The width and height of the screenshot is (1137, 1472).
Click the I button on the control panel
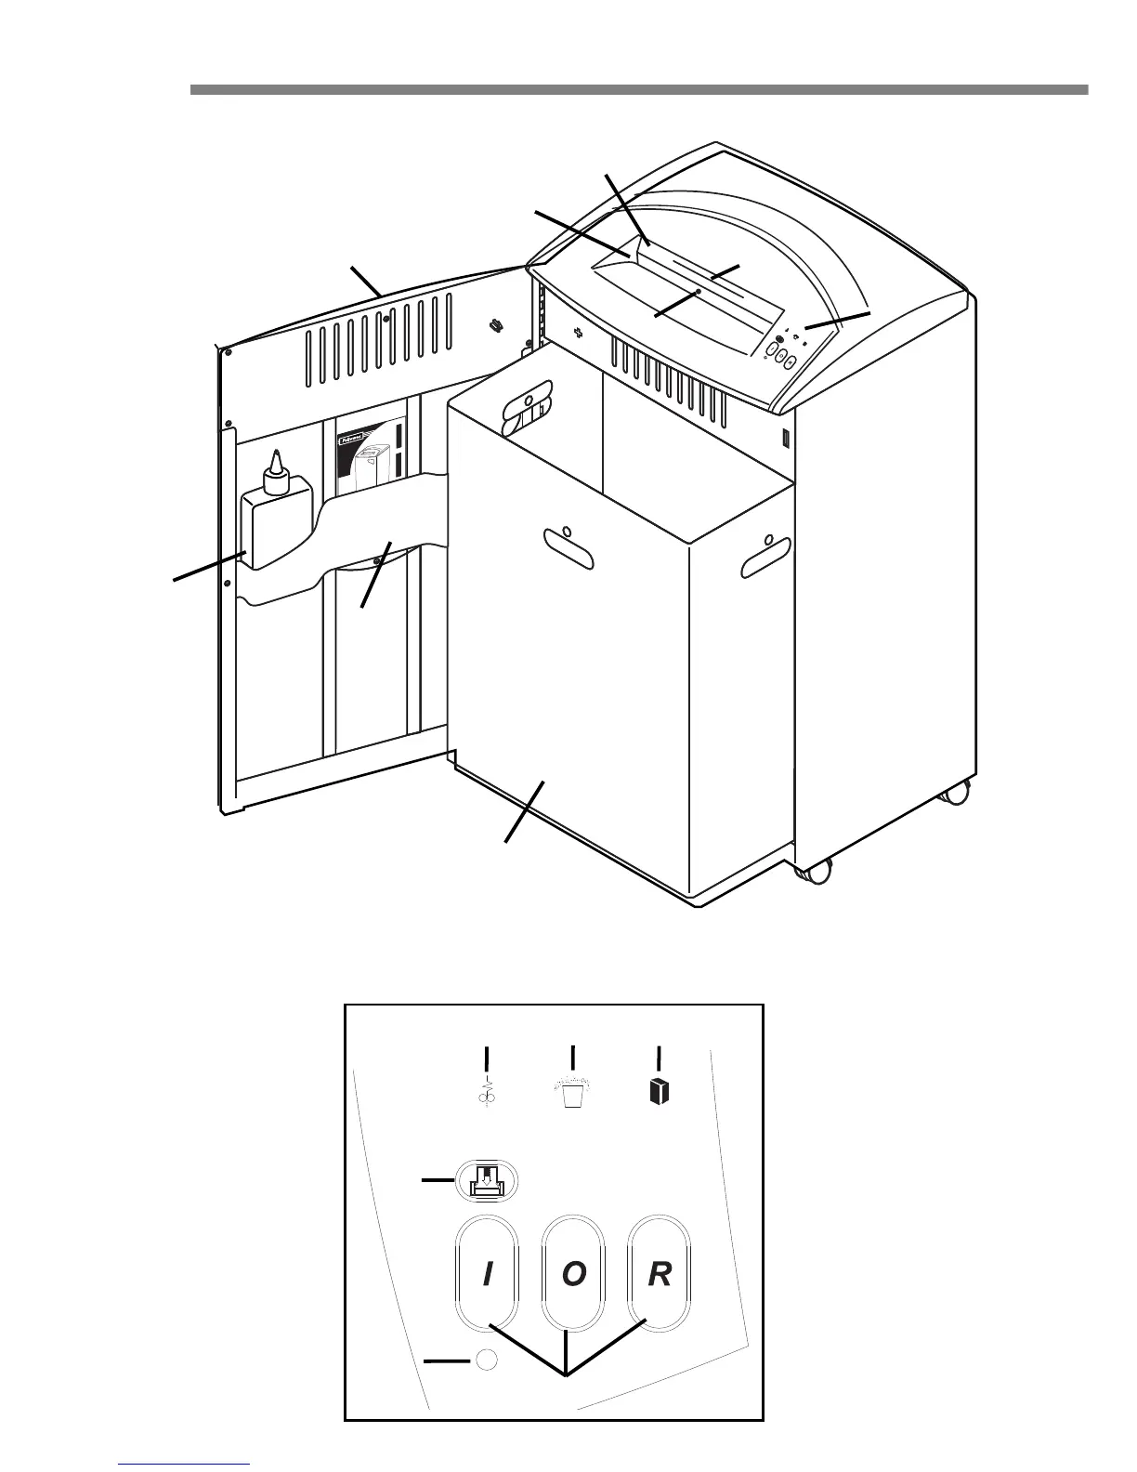pyautogui.click(x=487, y=1274)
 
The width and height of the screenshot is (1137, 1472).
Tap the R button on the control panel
pyautogui.click(x=659, y=1274)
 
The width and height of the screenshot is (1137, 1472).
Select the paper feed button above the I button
pyautogui.click(x=486, y=1181)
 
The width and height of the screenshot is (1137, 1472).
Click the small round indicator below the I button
pyautogui.click(x=487, y=1360)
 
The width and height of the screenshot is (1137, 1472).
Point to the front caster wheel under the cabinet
pyautogui.click(x=815, y=871)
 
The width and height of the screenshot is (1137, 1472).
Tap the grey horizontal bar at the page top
pyautogui.click(x=638, y=90)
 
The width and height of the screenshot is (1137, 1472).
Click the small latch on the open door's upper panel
pyautogui.click(x=496, y=325)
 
